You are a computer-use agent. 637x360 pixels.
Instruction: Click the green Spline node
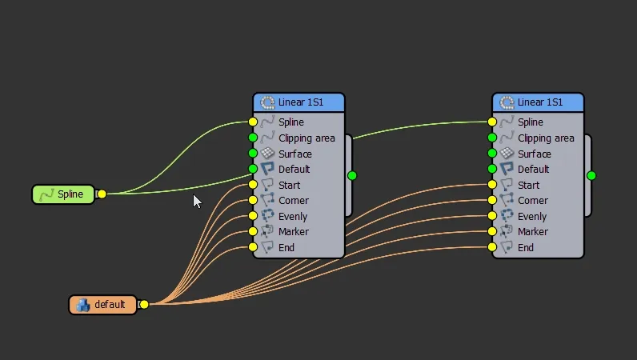(x=63, y=194)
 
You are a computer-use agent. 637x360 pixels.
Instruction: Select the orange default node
(x=102, y=305)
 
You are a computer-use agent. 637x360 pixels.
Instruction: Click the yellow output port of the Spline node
(x=102, y=194)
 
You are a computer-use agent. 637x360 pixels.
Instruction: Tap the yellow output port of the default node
(x=144, y=304)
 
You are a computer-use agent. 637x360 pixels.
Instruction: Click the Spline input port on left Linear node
(x=253, y=122)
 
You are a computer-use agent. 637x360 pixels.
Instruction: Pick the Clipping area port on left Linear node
(x=253, y=138)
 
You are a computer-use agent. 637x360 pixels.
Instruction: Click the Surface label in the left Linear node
(x=295, y=154)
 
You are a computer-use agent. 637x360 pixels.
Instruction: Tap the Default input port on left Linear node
(x=253, y=169)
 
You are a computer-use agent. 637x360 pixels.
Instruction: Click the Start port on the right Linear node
(x=492, y=185)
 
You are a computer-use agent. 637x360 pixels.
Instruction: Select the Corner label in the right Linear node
(x=533, y=201)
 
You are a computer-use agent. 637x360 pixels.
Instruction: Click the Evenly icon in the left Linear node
(x=268, y=216)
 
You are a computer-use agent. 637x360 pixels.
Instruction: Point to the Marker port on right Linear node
(x=492, y=232)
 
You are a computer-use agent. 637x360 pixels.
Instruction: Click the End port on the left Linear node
(x=253, y=247)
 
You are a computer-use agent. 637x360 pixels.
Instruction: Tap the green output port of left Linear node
(x=352, y=175)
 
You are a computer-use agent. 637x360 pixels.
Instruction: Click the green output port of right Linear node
(x=591, y=175)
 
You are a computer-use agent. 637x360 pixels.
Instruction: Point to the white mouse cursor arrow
(x=197, y=202)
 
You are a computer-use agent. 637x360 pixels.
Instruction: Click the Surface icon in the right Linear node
(x=507, y=153)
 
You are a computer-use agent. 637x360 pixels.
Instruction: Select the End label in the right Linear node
(x=526, y=247)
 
